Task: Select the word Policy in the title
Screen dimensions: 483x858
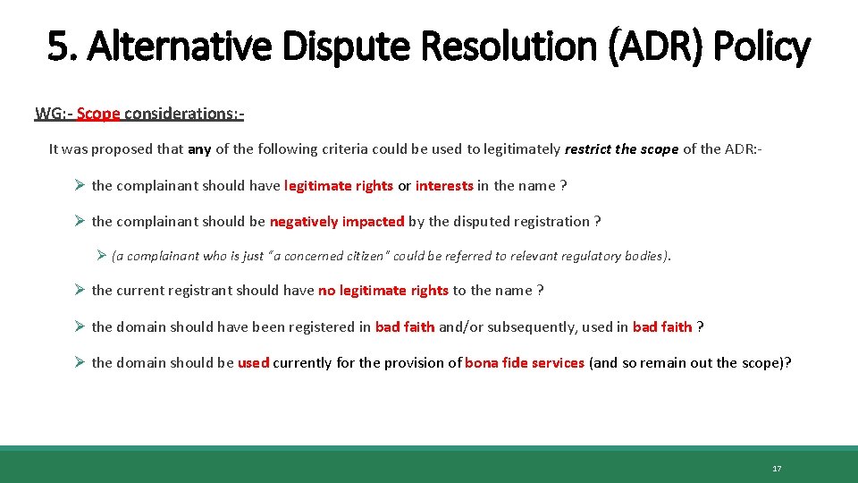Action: point(764,47)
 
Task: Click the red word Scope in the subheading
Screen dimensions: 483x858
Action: point(98,114)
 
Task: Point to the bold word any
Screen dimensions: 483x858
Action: point(199,149)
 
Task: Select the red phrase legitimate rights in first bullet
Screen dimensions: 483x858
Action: point(338,186)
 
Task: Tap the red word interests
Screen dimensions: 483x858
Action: point(444,186)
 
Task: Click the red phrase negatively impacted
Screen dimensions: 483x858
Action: point(337,222)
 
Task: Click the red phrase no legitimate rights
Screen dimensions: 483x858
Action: point(383,291)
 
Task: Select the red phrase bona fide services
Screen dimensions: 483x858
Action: point(525,363)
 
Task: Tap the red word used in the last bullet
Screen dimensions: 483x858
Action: point(253,363)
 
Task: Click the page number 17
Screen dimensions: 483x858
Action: point(777,469)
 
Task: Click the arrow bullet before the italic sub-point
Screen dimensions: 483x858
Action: point(101,256)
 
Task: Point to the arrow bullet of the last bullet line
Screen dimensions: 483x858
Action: point(80,363)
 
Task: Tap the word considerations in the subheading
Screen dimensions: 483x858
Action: point(182,114)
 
